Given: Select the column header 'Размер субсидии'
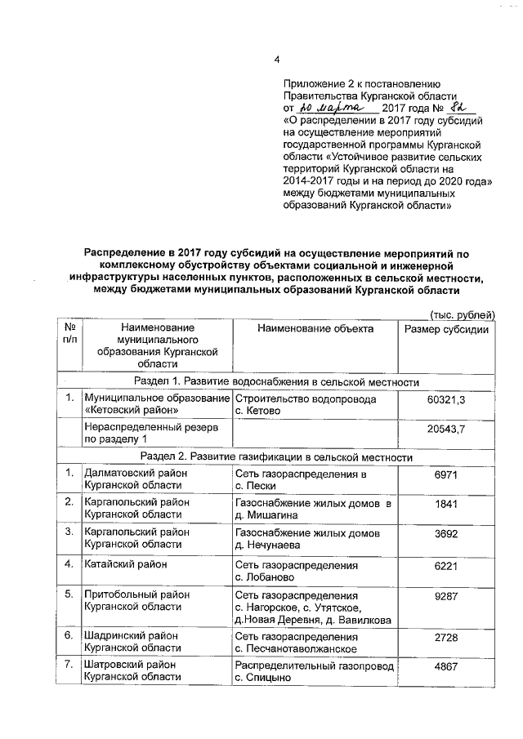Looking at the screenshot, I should tap(447, 329).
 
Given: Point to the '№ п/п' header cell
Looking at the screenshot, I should tap(69, 334).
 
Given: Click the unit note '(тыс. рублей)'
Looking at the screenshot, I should tap(462, 314).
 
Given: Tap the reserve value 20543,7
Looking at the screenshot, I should tap(446, 430).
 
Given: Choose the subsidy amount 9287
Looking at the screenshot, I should tap(446, 595).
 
